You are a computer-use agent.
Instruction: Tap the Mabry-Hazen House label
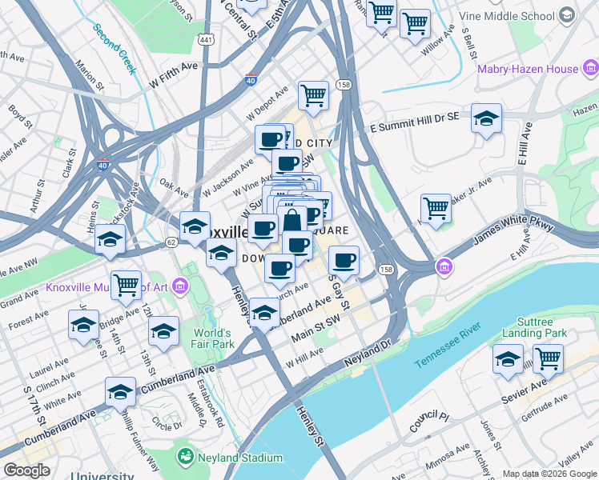pos(528,70)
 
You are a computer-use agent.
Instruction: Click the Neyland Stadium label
pos(240,458)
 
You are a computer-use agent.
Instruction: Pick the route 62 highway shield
pos(171,241)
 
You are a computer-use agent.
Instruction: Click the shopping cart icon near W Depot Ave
pos(314,95)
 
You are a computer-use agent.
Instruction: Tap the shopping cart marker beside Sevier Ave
pos(549,359)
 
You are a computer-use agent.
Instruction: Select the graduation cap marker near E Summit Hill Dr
pos(486,119)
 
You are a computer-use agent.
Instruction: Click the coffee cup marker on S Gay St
pos(344,259)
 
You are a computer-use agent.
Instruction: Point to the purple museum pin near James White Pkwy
pos(442,266)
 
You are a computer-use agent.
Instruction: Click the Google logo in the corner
pos(26,470)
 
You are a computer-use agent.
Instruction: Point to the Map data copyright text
pos(549,474)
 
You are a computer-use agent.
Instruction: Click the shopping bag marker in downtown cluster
pos(292,222)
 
